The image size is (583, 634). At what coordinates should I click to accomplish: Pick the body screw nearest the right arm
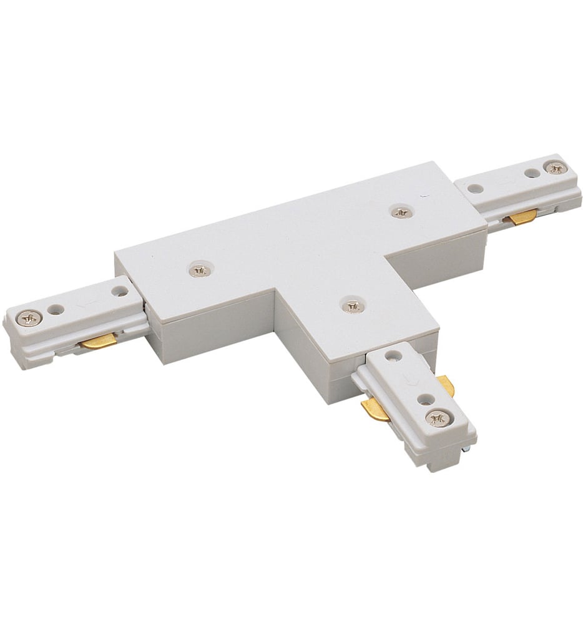click(399, 212)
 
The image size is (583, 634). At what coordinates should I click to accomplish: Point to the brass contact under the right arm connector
click(522, 217)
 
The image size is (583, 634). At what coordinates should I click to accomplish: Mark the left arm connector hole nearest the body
click(118, 290)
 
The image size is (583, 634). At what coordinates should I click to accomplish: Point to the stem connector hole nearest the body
click(392, 355)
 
